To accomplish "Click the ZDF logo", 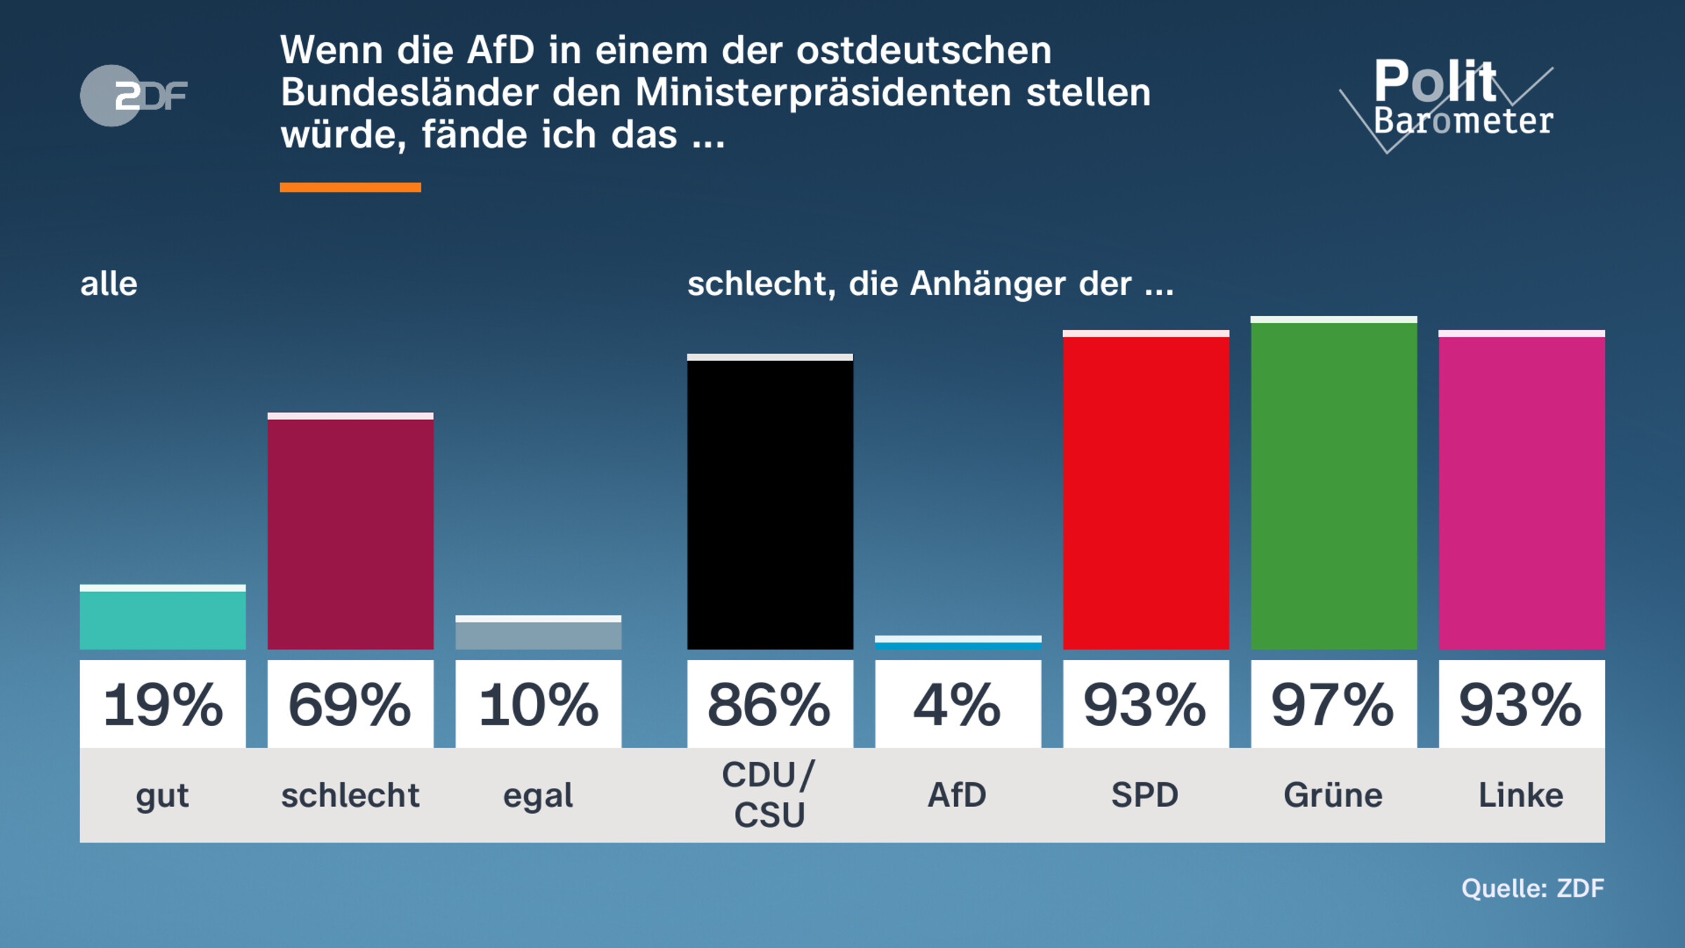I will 133,96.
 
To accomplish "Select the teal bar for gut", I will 162,619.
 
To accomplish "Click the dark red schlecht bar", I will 350,534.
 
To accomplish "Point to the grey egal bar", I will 538,634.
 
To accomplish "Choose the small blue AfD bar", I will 958,644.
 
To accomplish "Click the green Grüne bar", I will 1333,485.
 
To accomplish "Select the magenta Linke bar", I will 1521,492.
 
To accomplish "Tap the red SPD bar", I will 1146,492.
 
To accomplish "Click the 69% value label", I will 350,704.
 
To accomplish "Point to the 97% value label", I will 1333,704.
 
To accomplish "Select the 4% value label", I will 958,704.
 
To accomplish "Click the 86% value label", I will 769,704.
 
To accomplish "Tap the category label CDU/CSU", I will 769,795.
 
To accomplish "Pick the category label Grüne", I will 1333,795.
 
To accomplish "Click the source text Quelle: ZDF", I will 1533,888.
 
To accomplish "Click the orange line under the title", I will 350,187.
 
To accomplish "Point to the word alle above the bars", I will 109,284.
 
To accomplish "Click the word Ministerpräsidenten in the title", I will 824,93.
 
